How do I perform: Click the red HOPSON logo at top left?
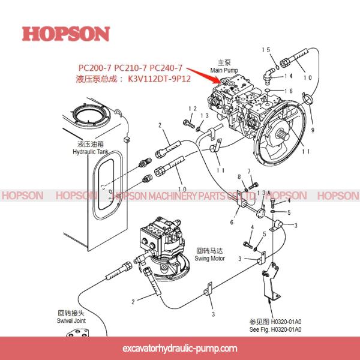pos(66,33)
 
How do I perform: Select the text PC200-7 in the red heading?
pos(95,67)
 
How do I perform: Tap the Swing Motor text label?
pos(210,258)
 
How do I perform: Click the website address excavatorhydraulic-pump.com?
pos(179,348)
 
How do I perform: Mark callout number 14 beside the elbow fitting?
pos(288,76)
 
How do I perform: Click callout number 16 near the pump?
pos(288,91)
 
